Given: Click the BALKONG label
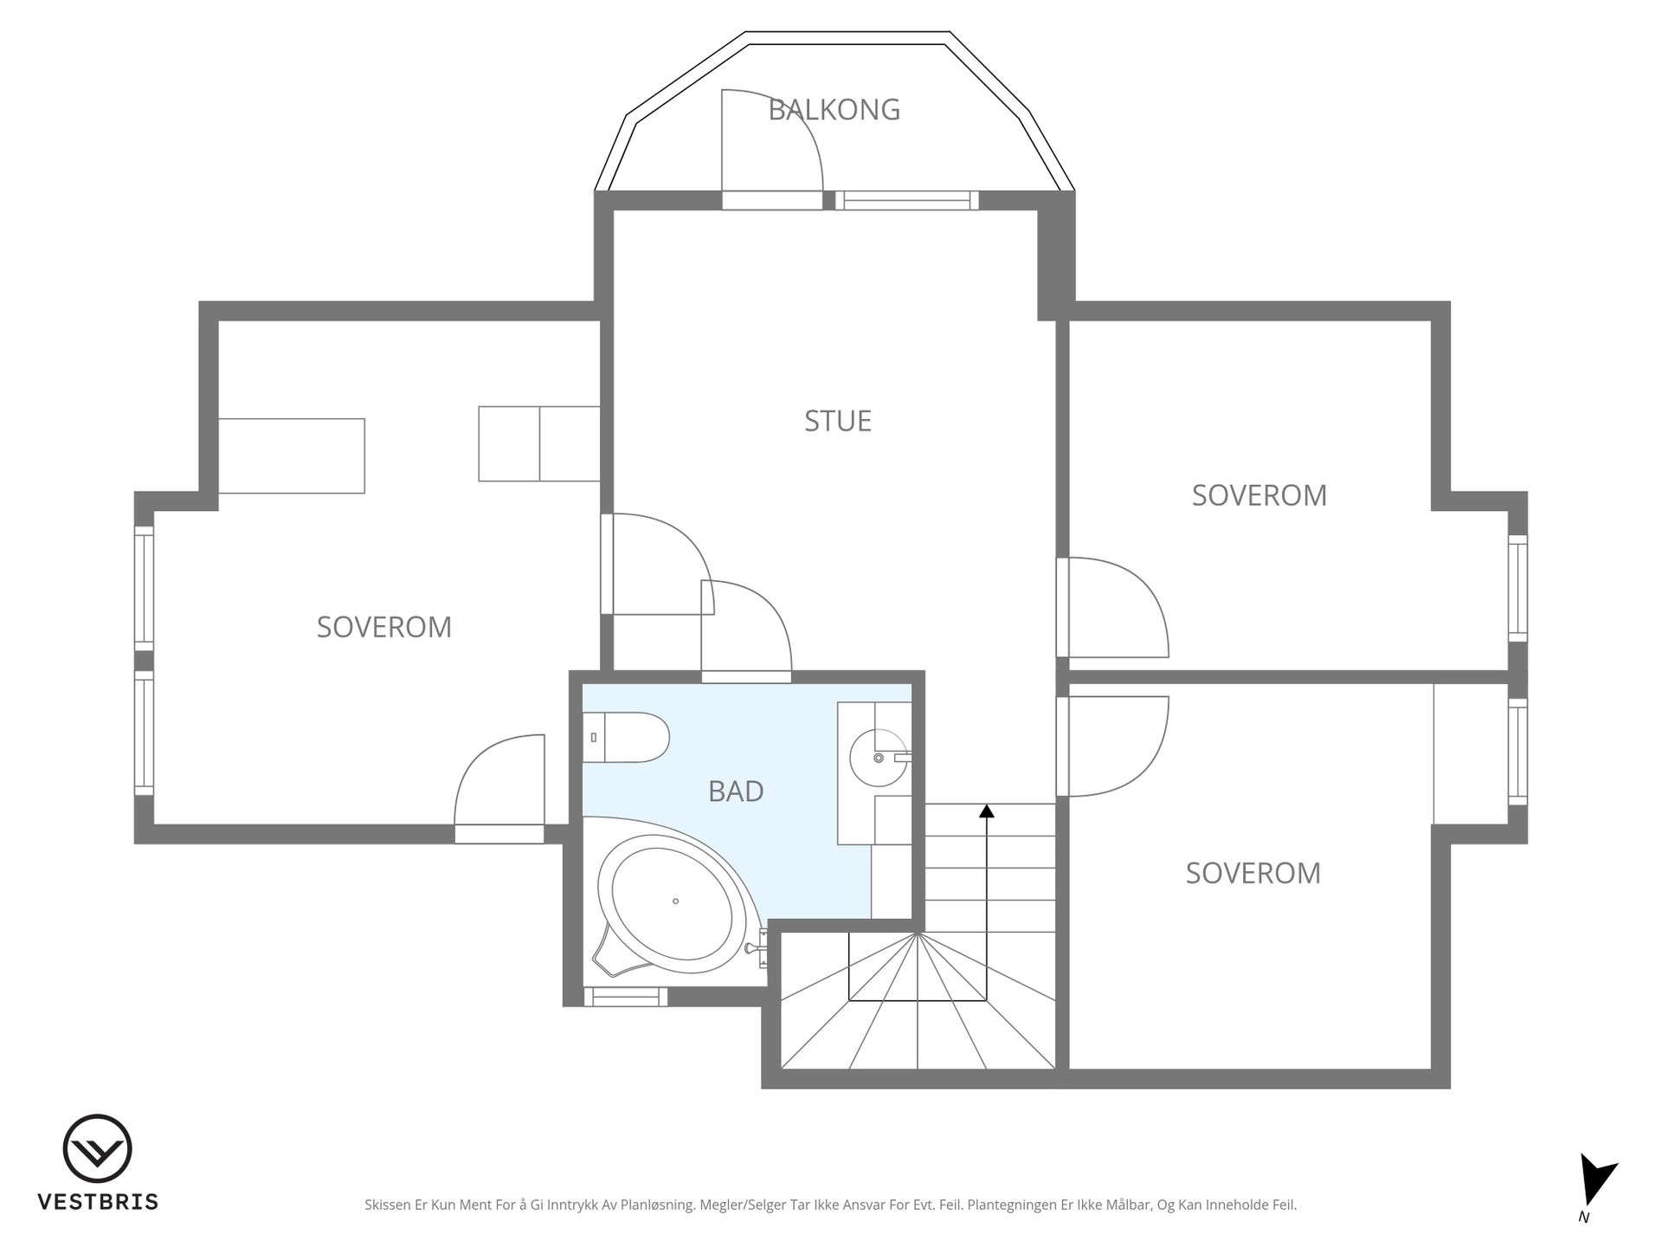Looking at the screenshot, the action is pos(834,110).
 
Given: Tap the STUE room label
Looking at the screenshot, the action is pos(838,421).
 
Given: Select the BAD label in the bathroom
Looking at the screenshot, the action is pos(736,791).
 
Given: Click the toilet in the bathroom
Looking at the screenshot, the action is pos(626,737).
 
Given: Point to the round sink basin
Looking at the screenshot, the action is pos(878,758).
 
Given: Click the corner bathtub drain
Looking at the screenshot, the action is pos(675,901).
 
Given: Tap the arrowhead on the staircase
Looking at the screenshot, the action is pos(987,811).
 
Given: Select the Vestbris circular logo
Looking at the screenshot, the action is pos(97,1148).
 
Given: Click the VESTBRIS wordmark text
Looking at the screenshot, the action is pos(98,1202).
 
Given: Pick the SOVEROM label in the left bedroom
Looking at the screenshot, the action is pos(384,627).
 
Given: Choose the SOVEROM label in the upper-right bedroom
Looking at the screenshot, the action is pos(1259,495).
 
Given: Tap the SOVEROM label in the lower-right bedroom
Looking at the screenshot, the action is pos(1253,873).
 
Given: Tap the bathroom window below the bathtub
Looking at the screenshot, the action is pos(626,997).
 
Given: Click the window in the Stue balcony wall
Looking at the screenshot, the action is pos(906,200).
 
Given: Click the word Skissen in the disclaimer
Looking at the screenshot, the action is pos(388,1205).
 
